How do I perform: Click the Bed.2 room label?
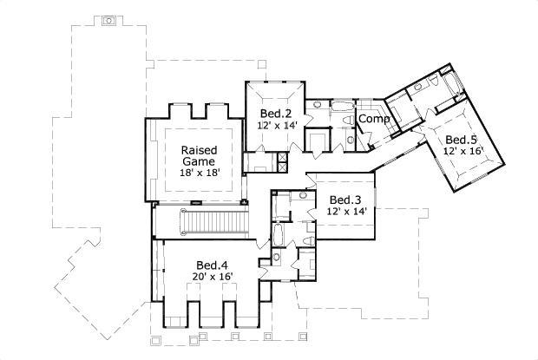[x=275, y=114]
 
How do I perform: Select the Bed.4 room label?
[x=211, y=265]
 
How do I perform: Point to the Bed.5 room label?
[x=461, y=140]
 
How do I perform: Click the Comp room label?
[x=373, y=119]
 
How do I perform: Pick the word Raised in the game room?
[x=198, y=149]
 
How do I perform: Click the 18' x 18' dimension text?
[x=198, y=173]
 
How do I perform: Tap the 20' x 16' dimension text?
[x=211, y=278]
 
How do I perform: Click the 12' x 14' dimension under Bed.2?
[x=277, y=126]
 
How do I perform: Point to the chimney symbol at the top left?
[x=108, y=18]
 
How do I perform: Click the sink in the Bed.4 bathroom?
[x=276, y=256]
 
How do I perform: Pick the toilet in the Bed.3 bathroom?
[x=309, y=240]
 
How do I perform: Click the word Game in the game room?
[x=198, y=161]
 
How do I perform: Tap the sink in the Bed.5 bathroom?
[x=417, y=87]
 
